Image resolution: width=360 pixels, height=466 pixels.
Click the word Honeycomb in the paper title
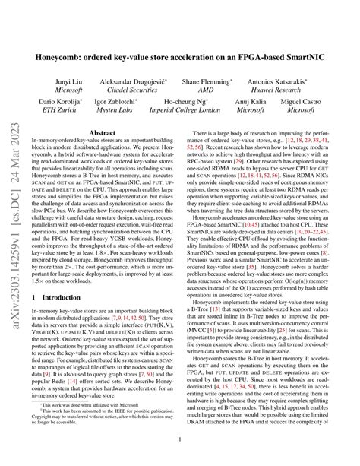pos(69,55)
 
